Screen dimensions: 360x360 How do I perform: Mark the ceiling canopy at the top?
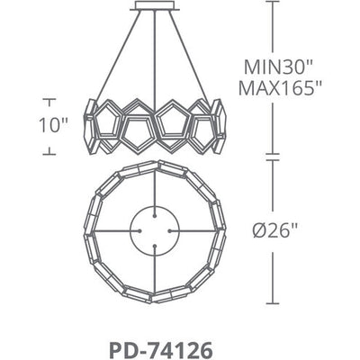pos(154,9)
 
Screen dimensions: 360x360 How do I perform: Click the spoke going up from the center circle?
pos(154,188)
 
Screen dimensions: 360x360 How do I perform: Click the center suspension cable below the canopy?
pos(154,54)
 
